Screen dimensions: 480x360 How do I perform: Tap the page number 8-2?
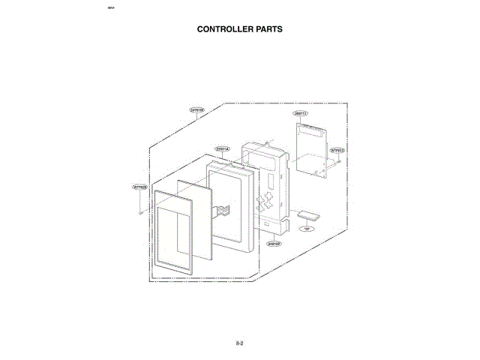[240, 343]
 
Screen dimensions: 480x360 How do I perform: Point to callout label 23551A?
[223, 148]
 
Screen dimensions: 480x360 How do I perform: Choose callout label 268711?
[301, 113]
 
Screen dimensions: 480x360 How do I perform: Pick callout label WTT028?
[139, 187]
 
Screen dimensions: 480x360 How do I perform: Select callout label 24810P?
[274, 243]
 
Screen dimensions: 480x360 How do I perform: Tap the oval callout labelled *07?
[306, 229]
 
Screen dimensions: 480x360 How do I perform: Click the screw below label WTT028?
[140, 211]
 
